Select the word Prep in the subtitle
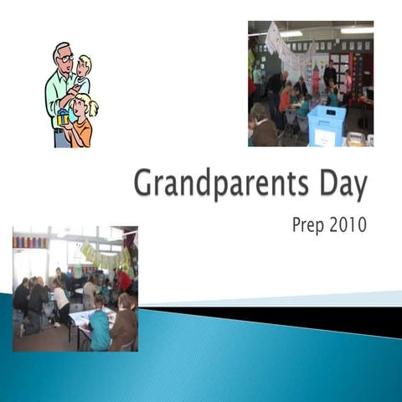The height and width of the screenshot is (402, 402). pyautogui.click(x=309, y=226)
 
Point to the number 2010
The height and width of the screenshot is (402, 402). pyautogui.click(x=349, y=226)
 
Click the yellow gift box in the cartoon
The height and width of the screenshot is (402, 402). pyautogui.click(x=63, y=118)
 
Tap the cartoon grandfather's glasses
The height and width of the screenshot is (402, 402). pyautogui.click(x=66, y=59)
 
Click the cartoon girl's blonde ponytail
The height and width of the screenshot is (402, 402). pyautogui.click(x=92, y=108)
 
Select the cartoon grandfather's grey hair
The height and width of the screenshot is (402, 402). pyautogui.click(x=59, y=49)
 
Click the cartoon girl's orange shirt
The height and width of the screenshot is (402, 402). pyautogui.click(x=80, y=131)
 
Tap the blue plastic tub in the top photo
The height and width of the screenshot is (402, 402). pyautogui.click(x=327, y=126)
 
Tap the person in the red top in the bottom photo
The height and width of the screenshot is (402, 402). pyautogui.click(x=124, y=281)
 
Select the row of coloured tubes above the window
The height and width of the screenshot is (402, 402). pyautogui.click(x=31, y=242)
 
